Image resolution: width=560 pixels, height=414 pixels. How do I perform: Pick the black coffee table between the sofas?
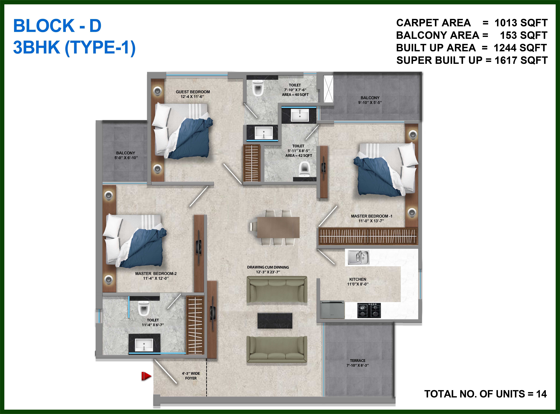tap(275, 321)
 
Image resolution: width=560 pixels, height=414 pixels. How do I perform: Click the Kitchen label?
tap(358, 281)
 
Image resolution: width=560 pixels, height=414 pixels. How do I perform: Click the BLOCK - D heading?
tap(57, 26)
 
